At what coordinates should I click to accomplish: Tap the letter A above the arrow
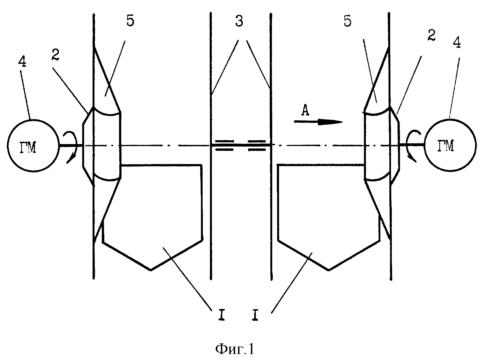pos(305,111)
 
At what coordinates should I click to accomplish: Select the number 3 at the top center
pos(239,22)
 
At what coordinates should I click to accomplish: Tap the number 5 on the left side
pos(130,21)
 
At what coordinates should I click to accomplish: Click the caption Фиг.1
pos(235,349)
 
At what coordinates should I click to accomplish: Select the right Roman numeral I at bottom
pos(255,315)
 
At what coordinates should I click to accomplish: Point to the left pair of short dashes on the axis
pos(224,145)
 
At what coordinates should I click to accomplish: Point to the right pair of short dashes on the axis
pos(257,145)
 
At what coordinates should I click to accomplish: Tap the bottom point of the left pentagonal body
pos(151,270)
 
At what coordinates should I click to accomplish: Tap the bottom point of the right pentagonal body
pos(329,270)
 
